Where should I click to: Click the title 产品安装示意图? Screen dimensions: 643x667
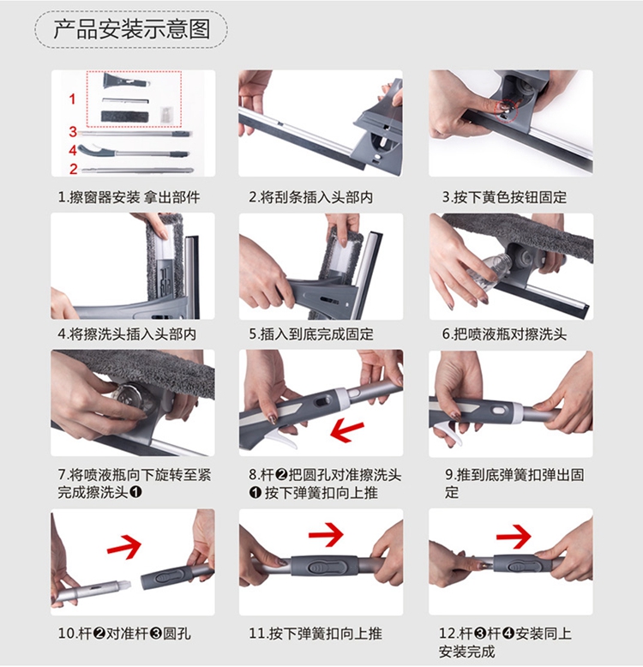pos(132,29)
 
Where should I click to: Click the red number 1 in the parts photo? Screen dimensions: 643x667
pos(72,99)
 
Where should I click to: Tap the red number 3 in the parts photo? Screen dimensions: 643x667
pos(73,132)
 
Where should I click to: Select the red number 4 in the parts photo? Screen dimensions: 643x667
pos(73,150)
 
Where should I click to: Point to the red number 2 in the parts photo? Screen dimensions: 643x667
pos(74,169)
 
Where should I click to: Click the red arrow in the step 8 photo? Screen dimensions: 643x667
pos(346,430)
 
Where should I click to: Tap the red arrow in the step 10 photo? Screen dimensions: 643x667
pos(124,546)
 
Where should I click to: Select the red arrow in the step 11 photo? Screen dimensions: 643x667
pos(326,535)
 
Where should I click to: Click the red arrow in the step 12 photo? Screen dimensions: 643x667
pos(514,536)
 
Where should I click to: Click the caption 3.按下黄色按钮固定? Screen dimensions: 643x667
pos(504,197)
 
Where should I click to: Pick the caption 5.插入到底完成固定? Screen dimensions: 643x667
pos(311,333)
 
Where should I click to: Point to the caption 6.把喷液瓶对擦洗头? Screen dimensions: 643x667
pos(504,333)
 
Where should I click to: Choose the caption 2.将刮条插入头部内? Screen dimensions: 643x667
pos(311,197)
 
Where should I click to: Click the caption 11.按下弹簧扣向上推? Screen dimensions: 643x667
pos(315,634)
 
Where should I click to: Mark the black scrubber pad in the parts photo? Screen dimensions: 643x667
pos(124,117)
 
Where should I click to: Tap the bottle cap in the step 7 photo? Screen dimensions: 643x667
pos(129,399)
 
